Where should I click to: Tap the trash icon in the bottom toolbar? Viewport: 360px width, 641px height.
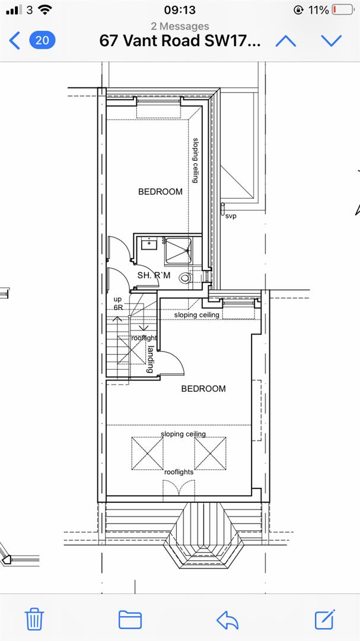(x=35, y=619)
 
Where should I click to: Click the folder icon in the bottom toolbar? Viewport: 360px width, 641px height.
(x=130, y=619)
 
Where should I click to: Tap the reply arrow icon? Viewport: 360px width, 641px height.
(x=228, y=619)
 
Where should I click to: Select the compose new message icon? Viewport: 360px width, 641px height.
(x=324, y=619)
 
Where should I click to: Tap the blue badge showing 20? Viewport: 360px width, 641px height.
(x=42, y=40)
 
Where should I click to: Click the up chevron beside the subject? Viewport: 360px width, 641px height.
(x=286, y=40)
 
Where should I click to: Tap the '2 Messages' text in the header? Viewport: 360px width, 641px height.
(x=180, y=26)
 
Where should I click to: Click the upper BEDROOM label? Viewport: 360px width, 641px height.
(x=160, y=192)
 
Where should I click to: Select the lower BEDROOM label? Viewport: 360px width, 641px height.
(x=203, y=389)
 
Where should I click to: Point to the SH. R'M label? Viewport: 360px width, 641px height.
(x=154, y=275)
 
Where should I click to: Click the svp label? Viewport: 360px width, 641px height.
(x=231, y=216)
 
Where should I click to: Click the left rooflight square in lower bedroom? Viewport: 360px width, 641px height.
(x=146, y=452)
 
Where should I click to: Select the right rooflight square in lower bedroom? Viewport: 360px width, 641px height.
(x=210, y=452)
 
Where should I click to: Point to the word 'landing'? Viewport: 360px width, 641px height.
(x=151, y=358)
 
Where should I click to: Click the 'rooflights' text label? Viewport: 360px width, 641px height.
(x=179, y=472)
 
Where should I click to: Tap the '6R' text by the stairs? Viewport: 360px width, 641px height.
(x=118, y=307)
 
